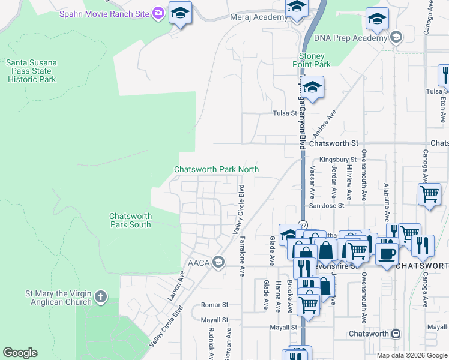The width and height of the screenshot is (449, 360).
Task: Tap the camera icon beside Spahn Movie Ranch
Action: coord(158,13)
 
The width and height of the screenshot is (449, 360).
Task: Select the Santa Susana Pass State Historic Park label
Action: coord(31,71)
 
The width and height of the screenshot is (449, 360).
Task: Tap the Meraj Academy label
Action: coord(259,17)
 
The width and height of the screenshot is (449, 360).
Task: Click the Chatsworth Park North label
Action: coord(216,170)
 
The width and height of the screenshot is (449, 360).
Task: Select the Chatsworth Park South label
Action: coord(130,220)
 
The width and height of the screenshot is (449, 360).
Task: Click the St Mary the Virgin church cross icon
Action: coord(101,296)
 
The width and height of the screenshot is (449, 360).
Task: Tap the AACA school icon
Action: coord(218,262)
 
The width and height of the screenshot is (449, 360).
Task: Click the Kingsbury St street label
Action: coord(334,160)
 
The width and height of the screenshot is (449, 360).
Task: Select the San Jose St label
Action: coord(326,205)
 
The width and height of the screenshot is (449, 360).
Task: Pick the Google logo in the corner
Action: coord(20,353)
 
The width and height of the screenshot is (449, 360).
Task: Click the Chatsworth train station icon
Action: coord(396,334)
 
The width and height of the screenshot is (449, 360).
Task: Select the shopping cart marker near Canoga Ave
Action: coord(429,195)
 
